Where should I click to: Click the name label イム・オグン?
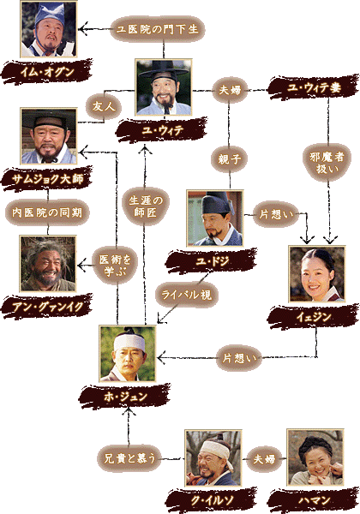coord(47,71)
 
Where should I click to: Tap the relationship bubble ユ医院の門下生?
coord(158,29)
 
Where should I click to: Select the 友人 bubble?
coord(104,106)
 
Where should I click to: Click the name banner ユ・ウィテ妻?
coord(314,87)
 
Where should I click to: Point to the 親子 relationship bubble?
coord(230,159)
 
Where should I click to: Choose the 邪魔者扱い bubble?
coord(327,163)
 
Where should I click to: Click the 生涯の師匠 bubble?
coord(146,206)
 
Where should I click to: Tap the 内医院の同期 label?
coord(47,212)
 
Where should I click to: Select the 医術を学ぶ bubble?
coord(115,266)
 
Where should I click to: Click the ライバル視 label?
coord(186,295)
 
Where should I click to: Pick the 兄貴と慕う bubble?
coord(129,458)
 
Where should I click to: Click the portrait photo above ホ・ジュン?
coord(128,354)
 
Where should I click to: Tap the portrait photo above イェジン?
coord(317,274)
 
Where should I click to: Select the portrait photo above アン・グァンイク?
coord(48,264)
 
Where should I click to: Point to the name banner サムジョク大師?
coord(47,179)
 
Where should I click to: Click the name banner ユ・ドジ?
coord(212,261)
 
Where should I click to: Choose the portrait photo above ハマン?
coord(315,457)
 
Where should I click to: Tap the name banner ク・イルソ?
coord(212,500)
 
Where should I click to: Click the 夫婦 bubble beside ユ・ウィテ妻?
coord(230,89)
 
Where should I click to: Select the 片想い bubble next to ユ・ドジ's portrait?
coord(276,215)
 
